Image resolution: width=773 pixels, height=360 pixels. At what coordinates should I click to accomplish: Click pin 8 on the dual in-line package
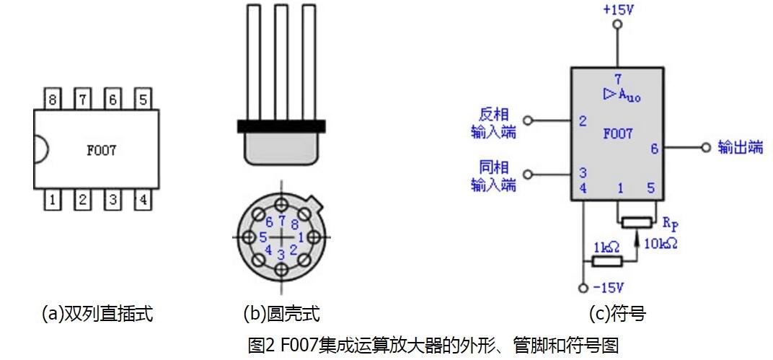[53, 100]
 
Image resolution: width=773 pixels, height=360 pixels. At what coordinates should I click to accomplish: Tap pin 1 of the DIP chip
[53, 199]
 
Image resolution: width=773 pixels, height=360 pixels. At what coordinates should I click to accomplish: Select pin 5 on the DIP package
[143, 100]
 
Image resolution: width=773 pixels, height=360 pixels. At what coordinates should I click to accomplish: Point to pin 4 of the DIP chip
[143, 199]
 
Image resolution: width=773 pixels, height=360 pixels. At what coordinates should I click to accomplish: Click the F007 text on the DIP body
[102, 150]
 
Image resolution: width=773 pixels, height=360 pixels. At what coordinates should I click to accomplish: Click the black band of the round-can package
[281, 126]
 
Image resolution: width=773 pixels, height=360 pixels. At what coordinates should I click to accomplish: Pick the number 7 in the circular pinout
[281, 220]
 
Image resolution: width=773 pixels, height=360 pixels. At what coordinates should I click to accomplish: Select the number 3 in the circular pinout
[281, 255]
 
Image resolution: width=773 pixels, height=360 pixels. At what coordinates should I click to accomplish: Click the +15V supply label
[618, 9]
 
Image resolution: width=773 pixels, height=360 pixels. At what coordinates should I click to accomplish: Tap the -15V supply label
[609, 287]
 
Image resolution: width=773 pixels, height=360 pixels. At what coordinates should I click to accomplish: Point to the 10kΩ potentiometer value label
[661, 243]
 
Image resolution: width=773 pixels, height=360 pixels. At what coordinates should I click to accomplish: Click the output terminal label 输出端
[740, 147]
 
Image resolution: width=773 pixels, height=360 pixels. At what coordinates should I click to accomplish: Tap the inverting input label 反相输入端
[493, 123]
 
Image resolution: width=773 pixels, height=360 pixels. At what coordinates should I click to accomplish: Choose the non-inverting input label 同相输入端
[493, 175]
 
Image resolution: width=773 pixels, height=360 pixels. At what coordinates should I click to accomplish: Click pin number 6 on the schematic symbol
[654, 148]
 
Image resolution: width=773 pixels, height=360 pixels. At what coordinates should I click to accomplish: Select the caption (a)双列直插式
[97, 313]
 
